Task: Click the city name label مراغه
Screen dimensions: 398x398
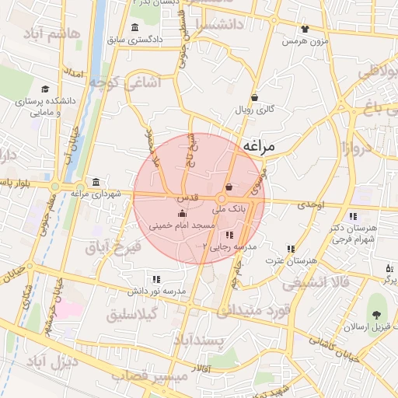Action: (264, 145)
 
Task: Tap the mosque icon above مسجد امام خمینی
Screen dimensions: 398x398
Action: (182, 212)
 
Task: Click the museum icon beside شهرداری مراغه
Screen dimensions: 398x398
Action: (96, 182)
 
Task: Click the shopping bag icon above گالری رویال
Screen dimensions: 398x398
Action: (255, 97)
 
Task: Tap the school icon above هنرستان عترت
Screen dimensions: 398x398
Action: (291, 249)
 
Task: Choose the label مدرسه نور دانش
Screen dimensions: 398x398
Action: (157, 291)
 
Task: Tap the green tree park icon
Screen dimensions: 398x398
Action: (378, 316)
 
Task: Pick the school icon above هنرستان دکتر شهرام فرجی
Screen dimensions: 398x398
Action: (353, 216)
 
